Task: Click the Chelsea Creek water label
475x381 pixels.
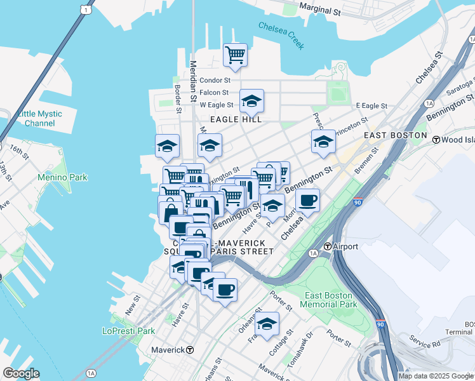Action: point(281,35)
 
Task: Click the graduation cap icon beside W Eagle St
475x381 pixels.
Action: point(251,101)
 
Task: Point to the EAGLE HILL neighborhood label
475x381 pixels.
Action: point(237,119)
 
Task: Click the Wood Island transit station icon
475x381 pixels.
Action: point(436,139)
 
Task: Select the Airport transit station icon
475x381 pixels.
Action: point(328,246)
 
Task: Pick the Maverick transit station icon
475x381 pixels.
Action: point(190,350)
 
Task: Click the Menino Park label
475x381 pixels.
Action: point(62,177)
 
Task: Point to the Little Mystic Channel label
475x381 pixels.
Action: point(41,118)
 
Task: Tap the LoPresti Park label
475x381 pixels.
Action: point(129,331)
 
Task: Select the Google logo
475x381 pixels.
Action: point(21,373)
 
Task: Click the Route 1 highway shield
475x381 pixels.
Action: point(86,9)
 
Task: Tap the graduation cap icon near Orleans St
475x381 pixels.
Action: point(267,324)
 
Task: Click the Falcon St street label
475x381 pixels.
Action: point(214,93)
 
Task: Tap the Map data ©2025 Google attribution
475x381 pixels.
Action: point(436,376)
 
